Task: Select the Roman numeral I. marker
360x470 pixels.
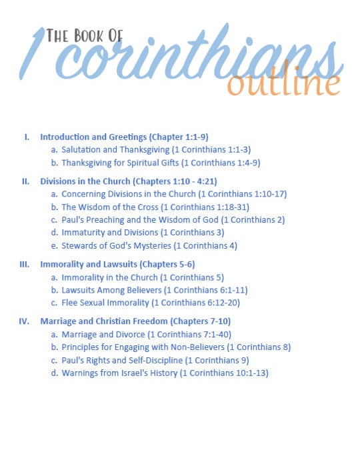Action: (x=27, y=137)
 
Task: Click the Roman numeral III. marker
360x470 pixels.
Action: (x=24, y=264)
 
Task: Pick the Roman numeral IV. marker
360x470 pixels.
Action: (x=24, y=321)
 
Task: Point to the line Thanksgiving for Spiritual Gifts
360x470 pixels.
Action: (x=119, y=162)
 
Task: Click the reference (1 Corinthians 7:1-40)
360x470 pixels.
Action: (x=189, y=334)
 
